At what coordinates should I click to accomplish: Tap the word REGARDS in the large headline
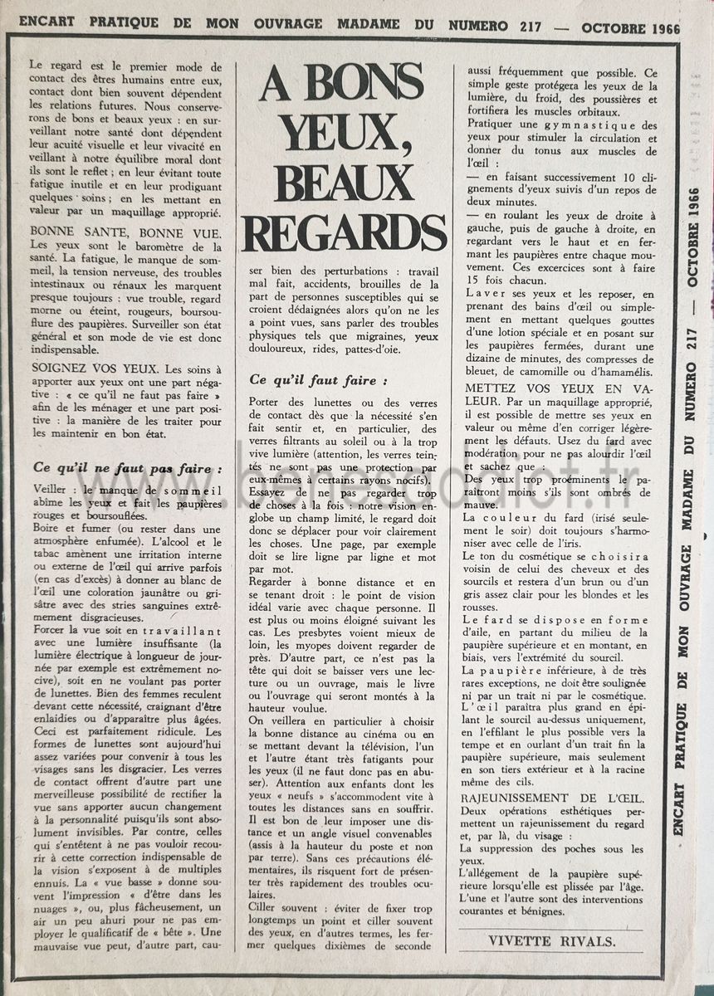[343, 232]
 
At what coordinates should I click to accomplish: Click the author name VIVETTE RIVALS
[551, 940]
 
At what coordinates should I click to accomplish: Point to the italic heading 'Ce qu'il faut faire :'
[318, 381]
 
